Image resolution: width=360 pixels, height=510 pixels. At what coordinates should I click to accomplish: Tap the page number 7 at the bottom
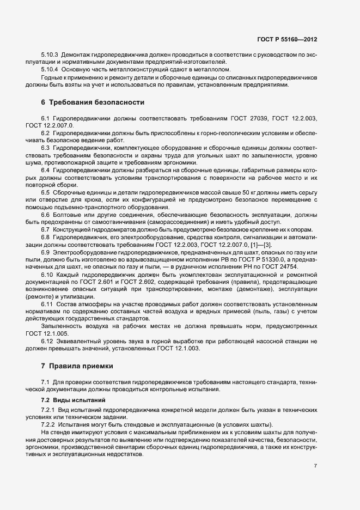(x=315, y=466)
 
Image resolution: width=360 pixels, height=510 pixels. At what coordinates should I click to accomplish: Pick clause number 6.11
(x=47, y=303)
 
